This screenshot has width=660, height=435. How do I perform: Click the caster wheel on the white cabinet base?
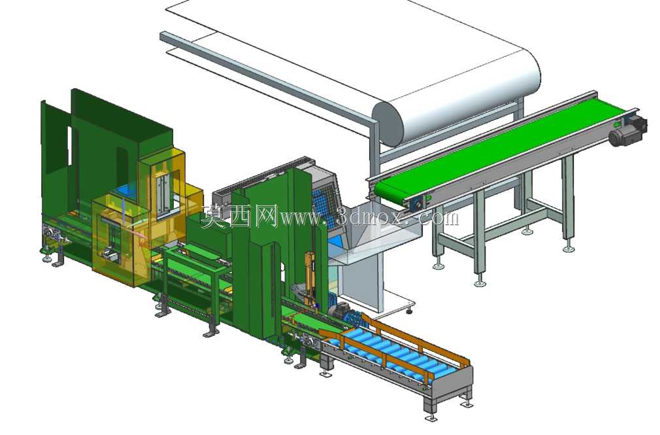[408, 311]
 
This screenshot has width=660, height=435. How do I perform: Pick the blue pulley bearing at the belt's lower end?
[418, 205]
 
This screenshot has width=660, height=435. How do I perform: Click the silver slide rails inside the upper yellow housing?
[163, 193]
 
